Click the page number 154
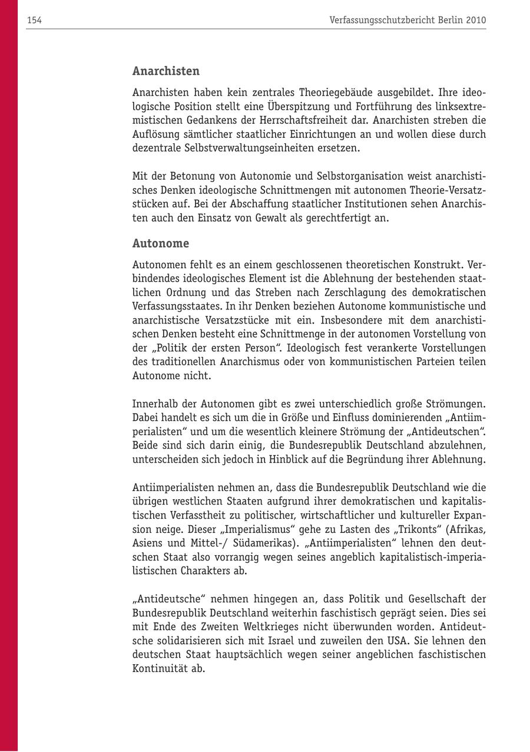[34, 20]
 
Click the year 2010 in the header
[476, 20]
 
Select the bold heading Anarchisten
[166, 71]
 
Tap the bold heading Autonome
[161, 243]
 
